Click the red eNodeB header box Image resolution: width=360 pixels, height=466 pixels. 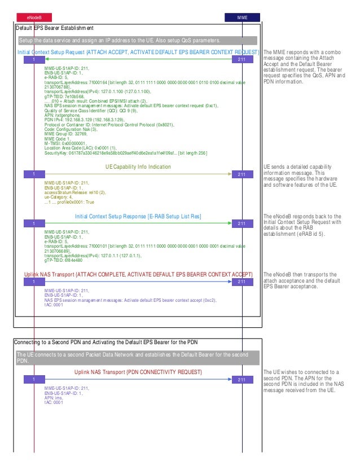pyautogui.click(x=34, y=17)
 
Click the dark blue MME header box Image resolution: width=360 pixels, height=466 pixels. pyautogui.click(x=242, y=17)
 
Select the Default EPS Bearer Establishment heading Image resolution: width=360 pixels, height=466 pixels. pyautogui.click(x=54, y=28)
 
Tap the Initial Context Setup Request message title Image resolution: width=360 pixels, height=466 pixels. pyautogui.click(x=138, y=52)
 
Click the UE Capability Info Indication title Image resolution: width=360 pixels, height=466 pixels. pyautogui.click(x=138, y=167)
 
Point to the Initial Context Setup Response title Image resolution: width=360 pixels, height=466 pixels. pyautogui.click(x=138, y=216)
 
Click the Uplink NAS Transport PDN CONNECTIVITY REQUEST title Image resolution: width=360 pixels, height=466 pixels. pyautogui.click(x=138, y=372)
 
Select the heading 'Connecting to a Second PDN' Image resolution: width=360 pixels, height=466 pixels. pyautogui.click(x=105, y=343)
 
